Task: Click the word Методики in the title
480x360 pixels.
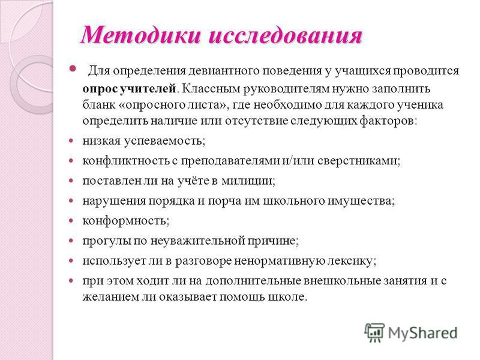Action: pos(141,35)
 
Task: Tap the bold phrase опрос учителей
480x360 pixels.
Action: pos(130,89)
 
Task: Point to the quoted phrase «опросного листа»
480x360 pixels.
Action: pos(173,105)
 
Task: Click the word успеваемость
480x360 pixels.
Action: pos(164,141)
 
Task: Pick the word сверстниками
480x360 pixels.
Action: pos(359,161)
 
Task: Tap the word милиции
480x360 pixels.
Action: pos(248,181)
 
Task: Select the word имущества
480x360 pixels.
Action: pos(362,201)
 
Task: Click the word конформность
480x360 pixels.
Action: pos(126,221)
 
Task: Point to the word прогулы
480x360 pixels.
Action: pos(107,241)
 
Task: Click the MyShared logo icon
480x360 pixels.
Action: pos(374,332)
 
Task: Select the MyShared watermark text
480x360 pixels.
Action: pos(423,333)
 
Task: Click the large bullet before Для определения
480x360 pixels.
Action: pos(72,68)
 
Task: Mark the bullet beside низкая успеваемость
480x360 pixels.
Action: pos(71,141)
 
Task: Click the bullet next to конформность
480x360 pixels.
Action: pos(71,221)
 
